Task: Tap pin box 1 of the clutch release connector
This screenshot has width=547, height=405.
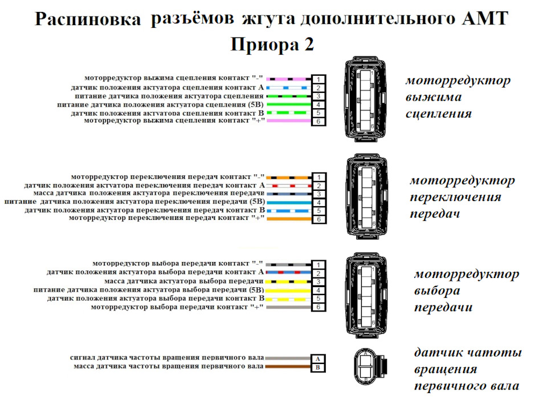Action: point(319,79)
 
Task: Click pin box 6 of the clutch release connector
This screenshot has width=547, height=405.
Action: point(319,121)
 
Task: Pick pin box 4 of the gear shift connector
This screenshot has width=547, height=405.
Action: point(319,203)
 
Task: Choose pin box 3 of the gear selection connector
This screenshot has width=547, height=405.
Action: point(319,282)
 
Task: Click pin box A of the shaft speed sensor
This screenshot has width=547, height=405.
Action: point(317,359)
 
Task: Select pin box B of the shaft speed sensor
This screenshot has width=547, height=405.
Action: point(317,367)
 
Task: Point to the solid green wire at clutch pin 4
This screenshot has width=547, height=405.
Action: point(288,105)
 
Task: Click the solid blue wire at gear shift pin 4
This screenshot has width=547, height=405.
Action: point(288,202)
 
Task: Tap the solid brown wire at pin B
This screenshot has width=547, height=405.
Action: point(287,367)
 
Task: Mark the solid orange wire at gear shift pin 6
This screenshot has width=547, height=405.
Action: point(288,219)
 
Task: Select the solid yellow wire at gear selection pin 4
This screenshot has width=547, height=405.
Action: point(288,291)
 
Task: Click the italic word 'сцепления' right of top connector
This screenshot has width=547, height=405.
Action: point(438,113)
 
